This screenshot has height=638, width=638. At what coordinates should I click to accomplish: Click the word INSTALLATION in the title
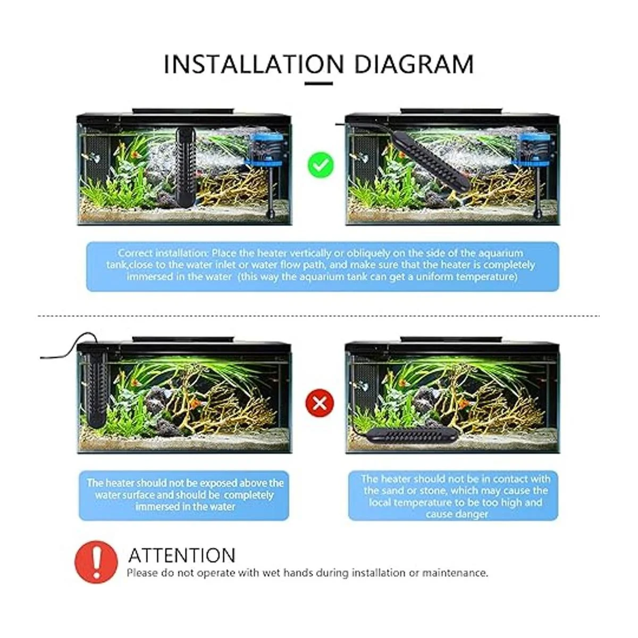pyautogui.click(x=254, y=64)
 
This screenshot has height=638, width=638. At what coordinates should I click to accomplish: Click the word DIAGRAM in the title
pyautogui.click(x=414, y=64)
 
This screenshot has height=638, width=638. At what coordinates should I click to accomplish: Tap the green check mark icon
pyautogui.click(x=321, y=165)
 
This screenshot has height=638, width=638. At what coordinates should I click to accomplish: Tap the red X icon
pyautogui.click(x=320, y=403)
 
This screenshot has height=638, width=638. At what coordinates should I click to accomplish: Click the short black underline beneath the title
pyautogui.click(x=318, y=83)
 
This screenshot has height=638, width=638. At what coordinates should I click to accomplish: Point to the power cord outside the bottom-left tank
pyautogui.click(x=70, y=347)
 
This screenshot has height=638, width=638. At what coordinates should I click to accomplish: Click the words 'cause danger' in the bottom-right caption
pyautogui.click(x=457, y=514)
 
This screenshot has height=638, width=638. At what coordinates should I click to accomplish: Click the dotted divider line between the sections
pyautogui.click(x=318, y=316)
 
